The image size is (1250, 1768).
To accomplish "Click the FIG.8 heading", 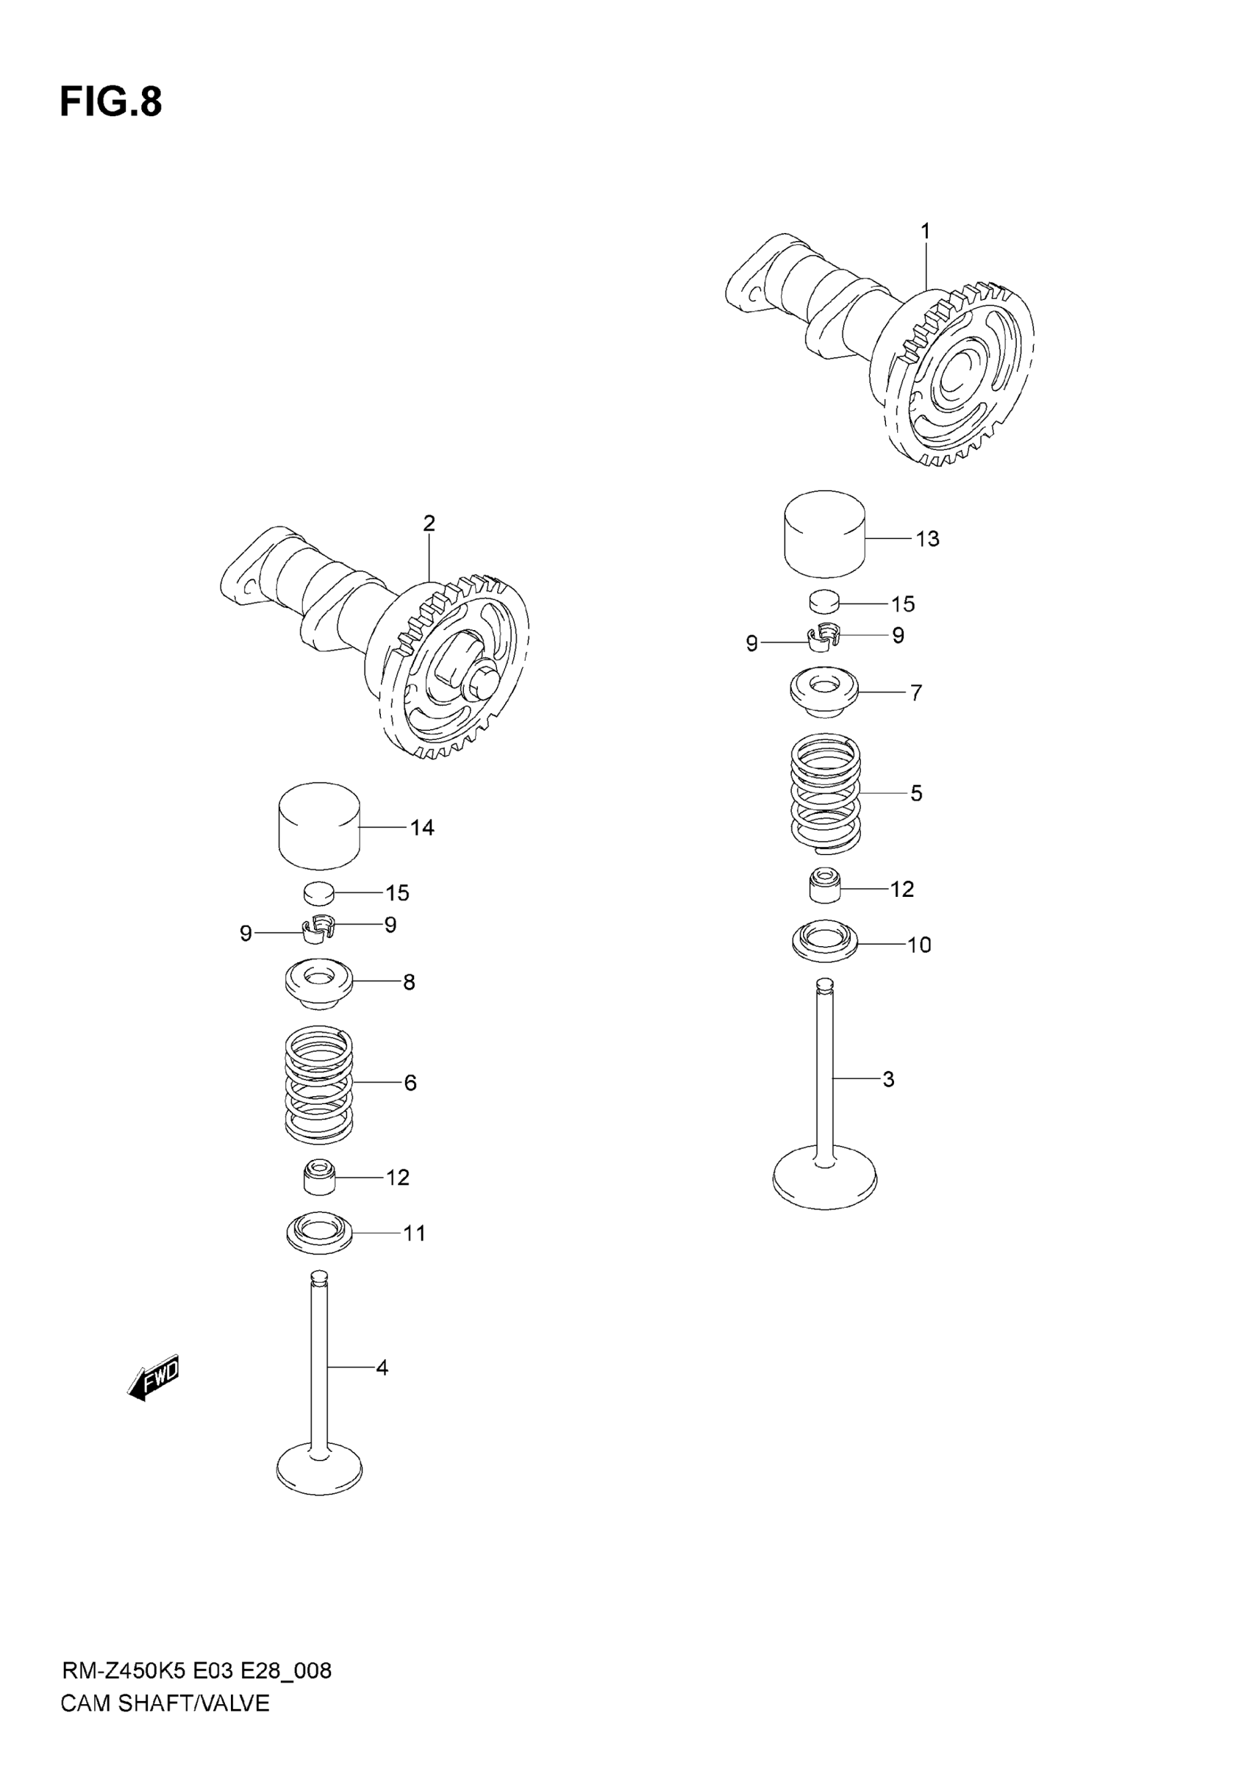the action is coord(111,102).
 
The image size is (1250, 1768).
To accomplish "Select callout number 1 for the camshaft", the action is coord(925,231).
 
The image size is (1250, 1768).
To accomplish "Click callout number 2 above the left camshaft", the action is coord(429,523).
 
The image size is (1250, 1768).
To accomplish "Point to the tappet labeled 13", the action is coord(824,534).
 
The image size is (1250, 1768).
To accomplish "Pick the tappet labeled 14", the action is coord(319,826).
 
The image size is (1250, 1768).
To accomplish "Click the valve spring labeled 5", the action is coord(826,794).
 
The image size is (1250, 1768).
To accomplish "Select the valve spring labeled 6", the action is coord(319,1084).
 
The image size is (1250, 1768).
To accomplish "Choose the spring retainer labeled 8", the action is coord(319,982).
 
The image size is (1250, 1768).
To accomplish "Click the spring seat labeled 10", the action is coord(825,942).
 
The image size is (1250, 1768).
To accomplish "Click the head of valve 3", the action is coord(825,1182).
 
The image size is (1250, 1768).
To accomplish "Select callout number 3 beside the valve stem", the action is coord(888,1079).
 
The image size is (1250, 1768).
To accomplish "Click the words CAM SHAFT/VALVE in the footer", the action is coord(165,1703).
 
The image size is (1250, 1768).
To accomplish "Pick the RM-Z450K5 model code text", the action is coord(124,1670).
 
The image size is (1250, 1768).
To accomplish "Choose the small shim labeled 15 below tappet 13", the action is coord(824,600).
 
